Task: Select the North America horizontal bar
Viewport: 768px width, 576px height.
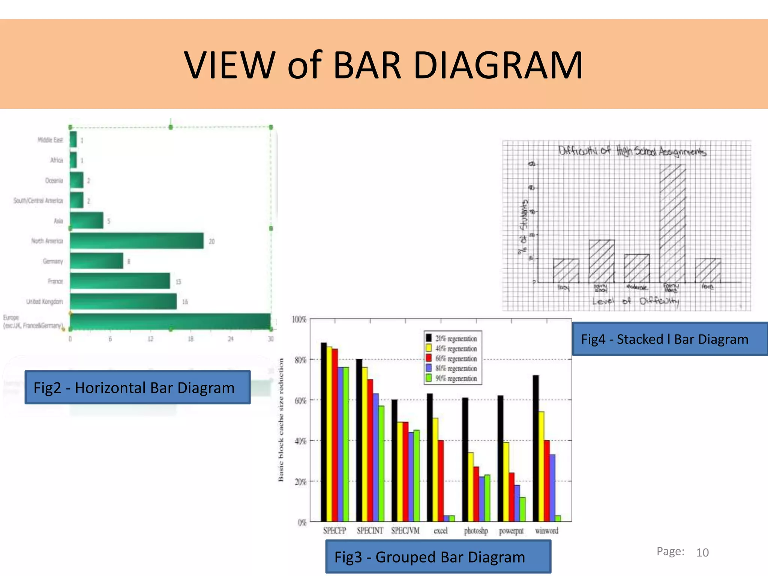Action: (x=136, y=241)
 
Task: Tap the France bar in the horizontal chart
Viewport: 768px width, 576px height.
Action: (x=120, y=281)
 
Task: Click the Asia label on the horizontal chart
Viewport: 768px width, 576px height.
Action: (x=58, y=221)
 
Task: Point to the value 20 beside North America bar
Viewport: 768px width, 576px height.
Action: (x=211, y=241)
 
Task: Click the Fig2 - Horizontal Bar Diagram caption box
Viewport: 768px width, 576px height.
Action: (x=137, y=387)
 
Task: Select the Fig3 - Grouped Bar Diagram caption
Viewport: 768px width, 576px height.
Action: (x=438, y=557)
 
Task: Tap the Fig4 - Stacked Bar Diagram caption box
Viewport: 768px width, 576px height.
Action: (x=669, y=339)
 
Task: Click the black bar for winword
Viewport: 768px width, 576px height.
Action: (x=536, y=448)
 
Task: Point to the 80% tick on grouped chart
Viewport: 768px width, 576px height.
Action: (x=300, y=360)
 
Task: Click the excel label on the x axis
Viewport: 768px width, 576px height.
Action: (x=441, y=531)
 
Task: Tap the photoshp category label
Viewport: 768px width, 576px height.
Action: (x=476, y=531)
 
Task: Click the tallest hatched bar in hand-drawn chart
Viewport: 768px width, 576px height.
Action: (x=672, y=223)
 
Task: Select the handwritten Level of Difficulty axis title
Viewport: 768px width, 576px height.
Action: (x=635, y=301)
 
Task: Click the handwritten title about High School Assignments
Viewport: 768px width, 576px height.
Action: (x=632, y=151)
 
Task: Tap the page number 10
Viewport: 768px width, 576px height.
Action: (x=702, y=552)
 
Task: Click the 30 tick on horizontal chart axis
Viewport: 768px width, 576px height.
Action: (x=271, y=339)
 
